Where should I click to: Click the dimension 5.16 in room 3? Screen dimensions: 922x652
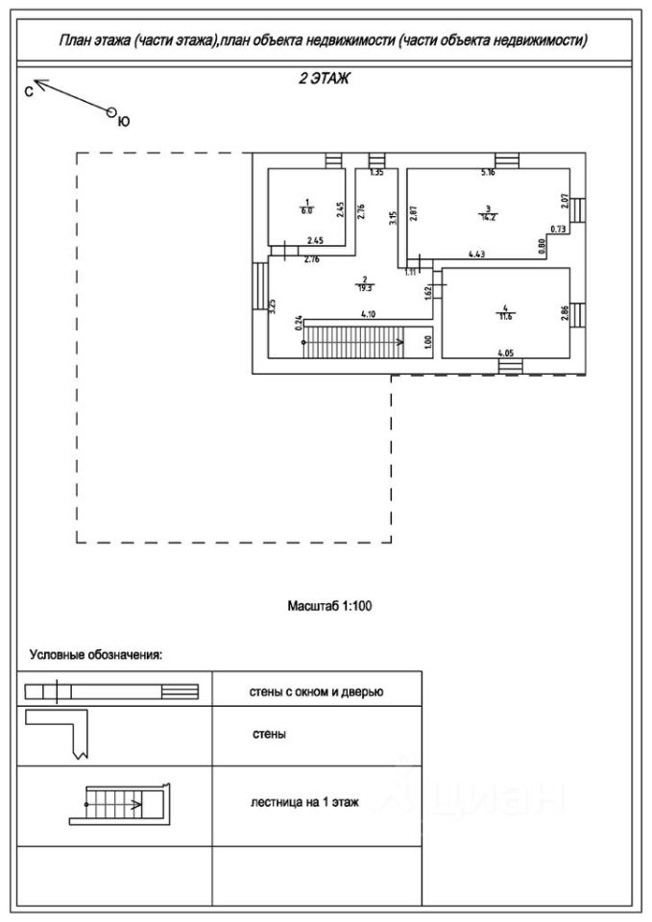point(488,173)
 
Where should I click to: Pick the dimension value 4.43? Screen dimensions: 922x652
point(476,255)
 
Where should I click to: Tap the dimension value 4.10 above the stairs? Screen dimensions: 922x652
point(368,314)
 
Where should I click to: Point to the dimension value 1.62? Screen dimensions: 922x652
point(427,285)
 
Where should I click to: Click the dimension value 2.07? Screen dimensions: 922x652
point(567,202)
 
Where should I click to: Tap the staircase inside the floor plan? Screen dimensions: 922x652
point(353,340)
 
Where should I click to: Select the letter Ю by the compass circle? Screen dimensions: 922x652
point(123,122)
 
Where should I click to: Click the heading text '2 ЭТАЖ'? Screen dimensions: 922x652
point(324,81)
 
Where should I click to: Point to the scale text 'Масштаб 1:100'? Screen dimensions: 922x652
point(329,606)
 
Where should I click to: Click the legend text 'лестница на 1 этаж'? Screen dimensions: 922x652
point(299,802)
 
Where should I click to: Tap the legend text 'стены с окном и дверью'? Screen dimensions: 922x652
point(317,691)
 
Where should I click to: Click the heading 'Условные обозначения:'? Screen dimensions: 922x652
point(95,656)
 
